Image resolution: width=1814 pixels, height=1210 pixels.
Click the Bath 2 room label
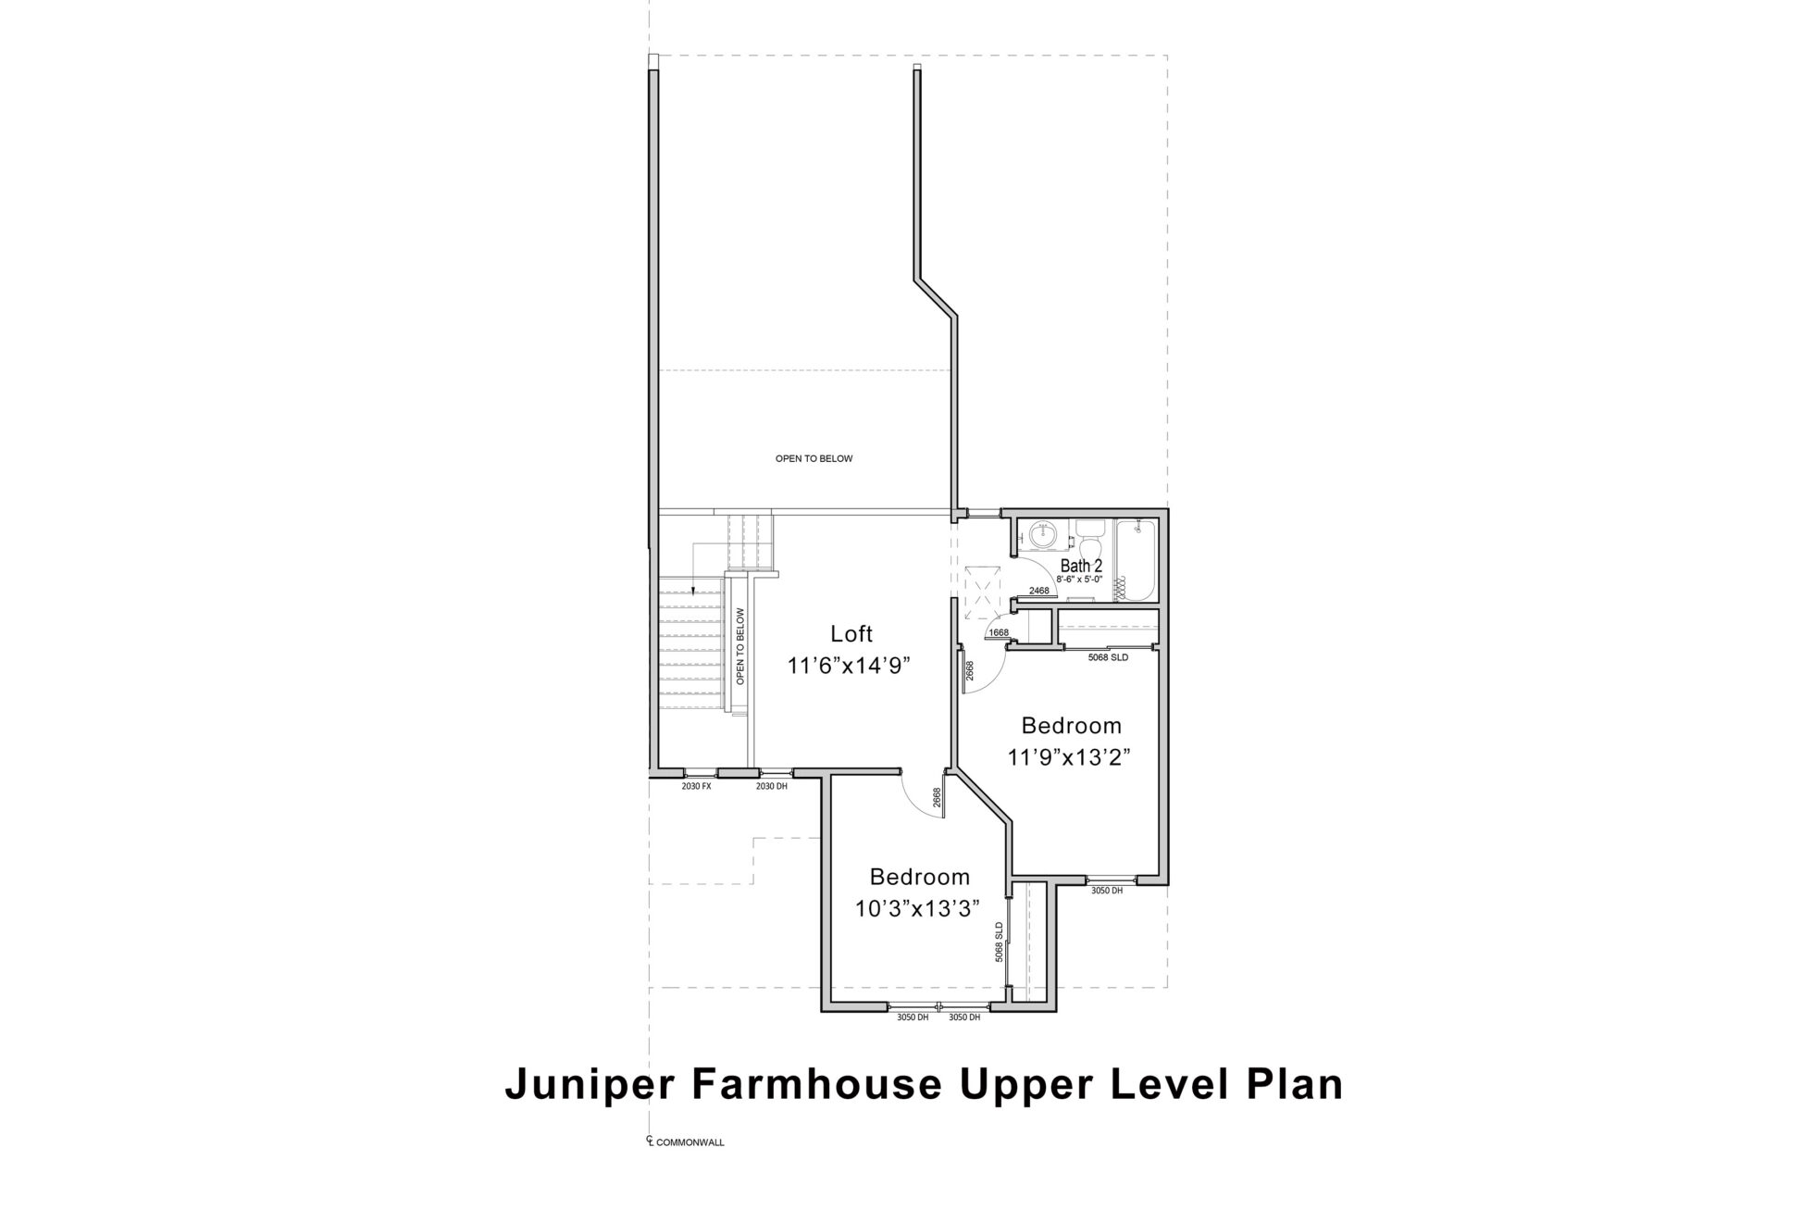tap(1081, 566)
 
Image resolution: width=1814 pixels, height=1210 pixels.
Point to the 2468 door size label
tap(1038, 591)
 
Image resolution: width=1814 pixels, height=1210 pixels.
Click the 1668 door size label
tap(999, 633)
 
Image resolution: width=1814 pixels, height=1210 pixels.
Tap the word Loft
tap(851, 634)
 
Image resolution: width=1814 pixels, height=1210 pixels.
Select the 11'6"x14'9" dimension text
tap(851, 667)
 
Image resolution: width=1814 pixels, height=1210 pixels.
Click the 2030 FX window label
tap(696, 786)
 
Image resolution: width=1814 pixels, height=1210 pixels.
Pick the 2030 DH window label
tap(772, 786)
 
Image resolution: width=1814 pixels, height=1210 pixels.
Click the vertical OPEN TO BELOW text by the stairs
tap(740, 646)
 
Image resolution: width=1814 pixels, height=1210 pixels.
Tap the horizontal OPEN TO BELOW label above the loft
tap(814, 459)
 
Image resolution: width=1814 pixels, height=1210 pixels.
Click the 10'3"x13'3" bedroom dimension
tap(917, 909)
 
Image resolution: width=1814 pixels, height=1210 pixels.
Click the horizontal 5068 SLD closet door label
tap(1108, 658)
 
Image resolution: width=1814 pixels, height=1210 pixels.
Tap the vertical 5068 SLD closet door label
tap(1000, 942)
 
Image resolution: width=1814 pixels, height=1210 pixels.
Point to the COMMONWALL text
tap(690, 1143)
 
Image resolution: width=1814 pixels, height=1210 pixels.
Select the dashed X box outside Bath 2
tap(980, 592)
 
